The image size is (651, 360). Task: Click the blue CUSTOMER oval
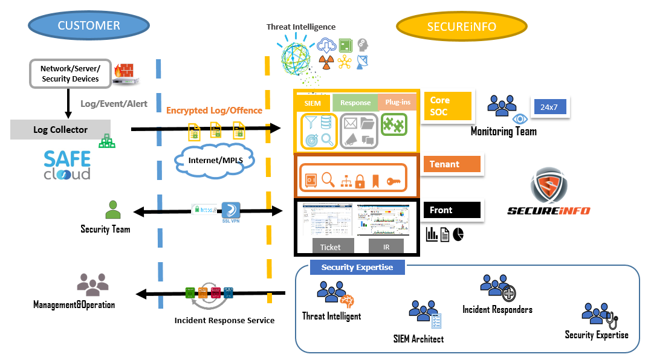click(x=89, y=25)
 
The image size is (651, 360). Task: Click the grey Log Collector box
click(x=60, y=130)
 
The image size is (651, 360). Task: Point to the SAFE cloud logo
click(x=67, y=164)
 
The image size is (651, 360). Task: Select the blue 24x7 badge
click(x=549, y=107)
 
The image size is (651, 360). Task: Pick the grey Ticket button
click(x=330, y=246)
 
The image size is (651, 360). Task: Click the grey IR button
click(x=386, y=246)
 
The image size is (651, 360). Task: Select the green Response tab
click(x=355, y=103)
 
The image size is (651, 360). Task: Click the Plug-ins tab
click(x=398, y=103)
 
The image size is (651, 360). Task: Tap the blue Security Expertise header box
click(x=357, y=267)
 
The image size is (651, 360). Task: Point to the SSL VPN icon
click(x=231, y=211)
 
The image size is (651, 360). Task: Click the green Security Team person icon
click(x=113, y=210)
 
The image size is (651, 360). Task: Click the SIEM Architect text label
click(x=418, y=339)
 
